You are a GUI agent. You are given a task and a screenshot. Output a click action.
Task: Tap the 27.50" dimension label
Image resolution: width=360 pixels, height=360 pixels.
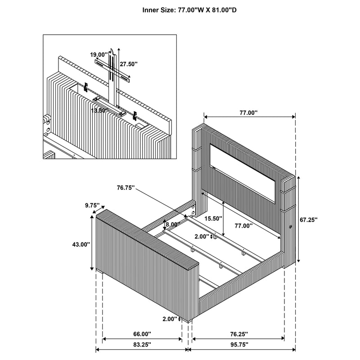pos(129,64)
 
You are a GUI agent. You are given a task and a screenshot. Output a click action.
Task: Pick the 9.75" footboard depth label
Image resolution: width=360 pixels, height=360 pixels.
pos(92,205)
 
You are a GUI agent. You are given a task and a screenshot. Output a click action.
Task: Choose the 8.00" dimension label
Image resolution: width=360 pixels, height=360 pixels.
pos(173,224)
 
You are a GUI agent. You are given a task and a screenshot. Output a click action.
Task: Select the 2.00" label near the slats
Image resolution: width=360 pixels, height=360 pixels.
pos(202,236)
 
